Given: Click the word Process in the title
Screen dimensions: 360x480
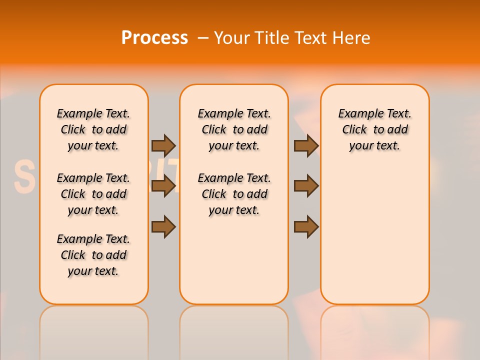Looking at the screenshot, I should coord(154,37).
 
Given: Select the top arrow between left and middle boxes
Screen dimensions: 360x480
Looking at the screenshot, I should coord(163,145).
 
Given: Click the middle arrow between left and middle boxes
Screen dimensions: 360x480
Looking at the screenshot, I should coord(163,186).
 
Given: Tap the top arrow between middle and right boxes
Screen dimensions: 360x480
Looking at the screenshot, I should coord(306,145).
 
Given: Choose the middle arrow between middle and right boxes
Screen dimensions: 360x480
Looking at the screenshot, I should coord(306,186).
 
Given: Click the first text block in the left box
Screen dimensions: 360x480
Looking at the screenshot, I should coord(93,129).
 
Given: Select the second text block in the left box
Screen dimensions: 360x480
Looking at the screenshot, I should coord(93,194).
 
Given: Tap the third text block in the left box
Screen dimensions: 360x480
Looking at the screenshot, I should coord(93,255).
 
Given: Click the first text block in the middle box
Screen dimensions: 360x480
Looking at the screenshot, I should coord(234,129).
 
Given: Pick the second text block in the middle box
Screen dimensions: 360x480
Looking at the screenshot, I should coord(234,194).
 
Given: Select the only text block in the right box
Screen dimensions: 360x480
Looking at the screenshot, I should coord(375,129).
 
